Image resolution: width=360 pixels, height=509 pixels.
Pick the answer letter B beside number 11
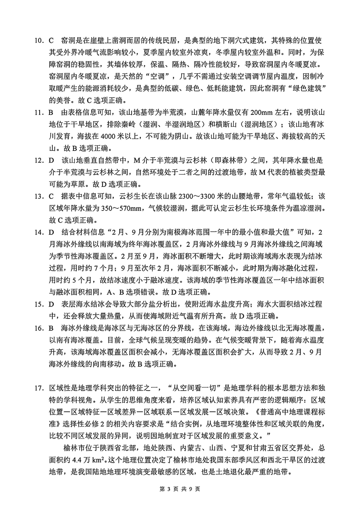click(x=51, y=112)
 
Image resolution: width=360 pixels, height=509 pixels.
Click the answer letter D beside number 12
click(x=51, y=160)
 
